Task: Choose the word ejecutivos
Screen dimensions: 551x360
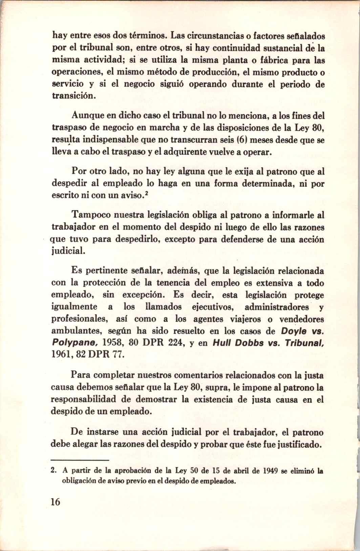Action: [211, 307]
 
